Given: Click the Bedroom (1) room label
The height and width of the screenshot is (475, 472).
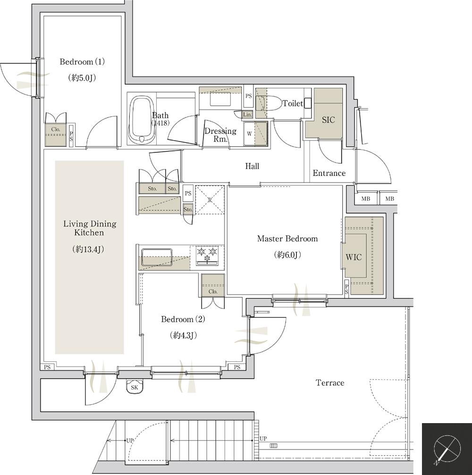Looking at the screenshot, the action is tap(82, 62).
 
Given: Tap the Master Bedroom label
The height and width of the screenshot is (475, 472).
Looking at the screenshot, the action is tap(287, 239).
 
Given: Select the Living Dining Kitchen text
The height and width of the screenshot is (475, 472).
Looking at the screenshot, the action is tap(90, 228).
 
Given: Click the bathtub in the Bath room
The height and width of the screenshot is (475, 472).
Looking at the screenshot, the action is tap(141, 120).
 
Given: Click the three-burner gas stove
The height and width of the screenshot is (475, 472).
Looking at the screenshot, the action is tap(207, 256).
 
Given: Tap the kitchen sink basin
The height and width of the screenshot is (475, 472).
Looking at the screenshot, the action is tap(157, 257).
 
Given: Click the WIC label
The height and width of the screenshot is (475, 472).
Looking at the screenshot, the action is tap(354, 257).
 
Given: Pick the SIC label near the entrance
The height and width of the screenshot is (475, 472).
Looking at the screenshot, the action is tap(329, 120).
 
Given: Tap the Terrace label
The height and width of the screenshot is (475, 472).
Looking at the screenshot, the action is tap(330, 383).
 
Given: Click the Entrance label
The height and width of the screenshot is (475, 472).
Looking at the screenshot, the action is tap(329, 173).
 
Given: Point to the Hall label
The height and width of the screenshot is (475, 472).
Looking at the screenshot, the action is tap(252, 166).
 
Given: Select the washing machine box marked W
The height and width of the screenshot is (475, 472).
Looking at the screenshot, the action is tap(255, 133).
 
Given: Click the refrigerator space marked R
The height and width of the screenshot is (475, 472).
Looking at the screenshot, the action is tap(210, 200).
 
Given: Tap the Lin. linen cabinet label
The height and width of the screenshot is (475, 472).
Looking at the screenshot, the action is tap(247, 115).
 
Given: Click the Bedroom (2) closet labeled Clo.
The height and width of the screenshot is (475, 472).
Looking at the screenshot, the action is tap(213, 285).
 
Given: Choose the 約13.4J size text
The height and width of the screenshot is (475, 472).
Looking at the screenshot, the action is tap(88, 250).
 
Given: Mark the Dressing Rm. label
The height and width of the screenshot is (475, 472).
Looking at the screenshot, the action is tap(220, 135).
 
